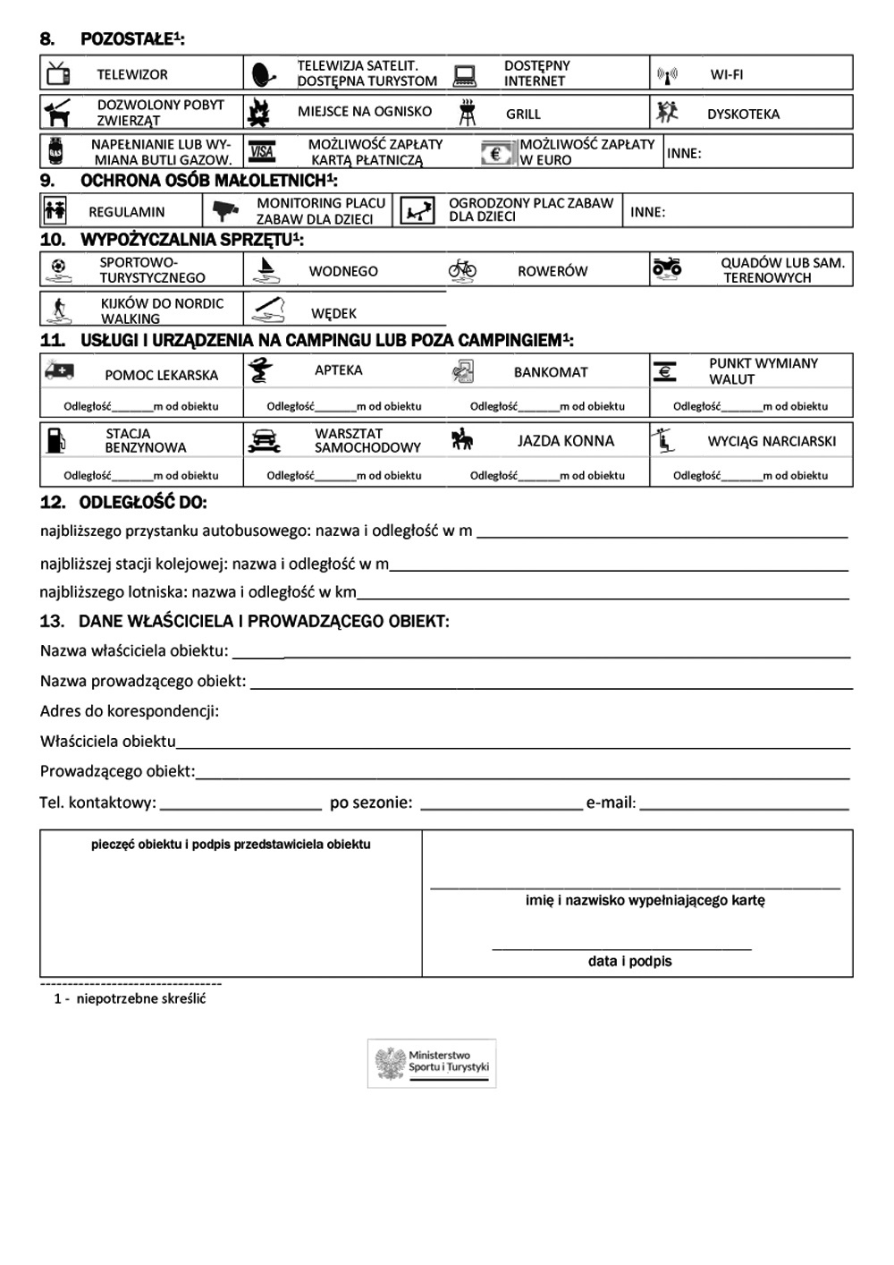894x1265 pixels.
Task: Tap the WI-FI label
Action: tap(726, 74)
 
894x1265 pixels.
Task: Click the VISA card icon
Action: tap(262, 152)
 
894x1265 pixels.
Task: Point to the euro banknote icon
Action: tap(497, 153)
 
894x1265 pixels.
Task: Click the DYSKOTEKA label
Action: tap(743, 114)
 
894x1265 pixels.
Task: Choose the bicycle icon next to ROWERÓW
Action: tap(461, 269)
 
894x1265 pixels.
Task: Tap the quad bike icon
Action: tap(667, 267)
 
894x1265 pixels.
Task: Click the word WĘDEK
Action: tap(333, 313)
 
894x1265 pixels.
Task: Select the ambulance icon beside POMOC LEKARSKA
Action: tap(59, 370)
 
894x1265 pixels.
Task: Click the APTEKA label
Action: tap(338, 369)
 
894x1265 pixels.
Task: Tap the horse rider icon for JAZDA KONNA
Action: tap(462, 440)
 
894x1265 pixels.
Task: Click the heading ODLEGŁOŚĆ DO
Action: tap(142, 503)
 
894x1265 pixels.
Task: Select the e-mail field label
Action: tap(611, 802)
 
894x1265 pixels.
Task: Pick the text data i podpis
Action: tap(629, 961)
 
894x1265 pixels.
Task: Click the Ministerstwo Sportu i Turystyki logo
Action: tap(432, 1063)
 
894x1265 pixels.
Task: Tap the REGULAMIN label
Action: tap(126, 212)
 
